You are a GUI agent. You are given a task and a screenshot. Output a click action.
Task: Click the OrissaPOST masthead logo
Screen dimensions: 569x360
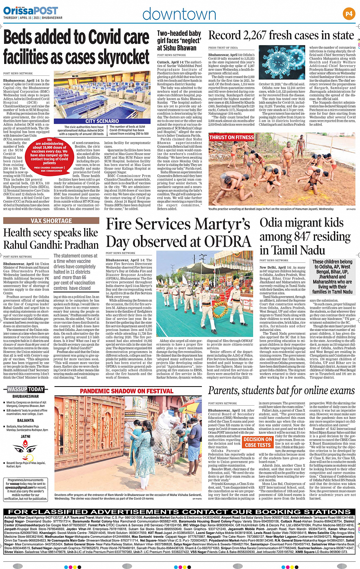30,10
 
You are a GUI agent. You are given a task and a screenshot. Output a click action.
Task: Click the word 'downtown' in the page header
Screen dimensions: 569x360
179,14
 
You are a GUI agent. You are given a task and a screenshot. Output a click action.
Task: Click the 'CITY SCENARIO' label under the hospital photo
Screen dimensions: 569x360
102,121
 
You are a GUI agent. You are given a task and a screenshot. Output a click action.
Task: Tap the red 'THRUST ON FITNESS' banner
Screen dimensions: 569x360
231,137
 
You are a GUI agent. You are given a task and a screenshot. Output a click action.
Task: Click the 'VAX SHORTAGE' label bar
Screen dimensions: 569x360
51,221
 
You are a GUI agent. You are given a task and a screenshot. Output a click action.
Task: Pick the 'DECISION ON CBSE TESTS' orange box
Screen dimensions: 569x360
258,442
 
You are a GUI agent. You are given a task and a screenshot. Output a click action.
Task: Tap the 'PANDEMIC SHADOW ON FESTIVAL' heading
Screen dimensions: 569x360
126,391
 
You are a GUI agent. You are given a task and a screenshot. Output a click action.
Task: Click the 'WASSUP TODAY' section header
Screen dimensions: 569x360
26,389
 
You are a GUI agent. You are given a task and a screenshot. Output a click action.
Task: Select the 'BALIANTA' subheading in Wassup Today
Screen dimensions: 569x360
26,420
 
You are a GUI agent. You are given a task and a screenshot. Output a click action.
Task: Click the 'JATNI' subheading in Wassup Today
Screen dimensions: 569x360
26,436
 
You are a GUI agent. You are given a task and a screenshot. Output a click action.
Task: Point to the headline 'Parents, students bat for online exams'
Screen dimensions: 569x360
281,391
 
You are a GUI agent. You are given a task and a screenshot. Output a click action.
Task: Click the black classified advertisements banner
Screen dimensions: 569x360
179,511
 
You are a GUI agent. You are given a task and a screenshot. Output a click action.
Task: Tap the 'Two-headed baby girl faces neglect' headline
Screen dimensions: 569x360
179,40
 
